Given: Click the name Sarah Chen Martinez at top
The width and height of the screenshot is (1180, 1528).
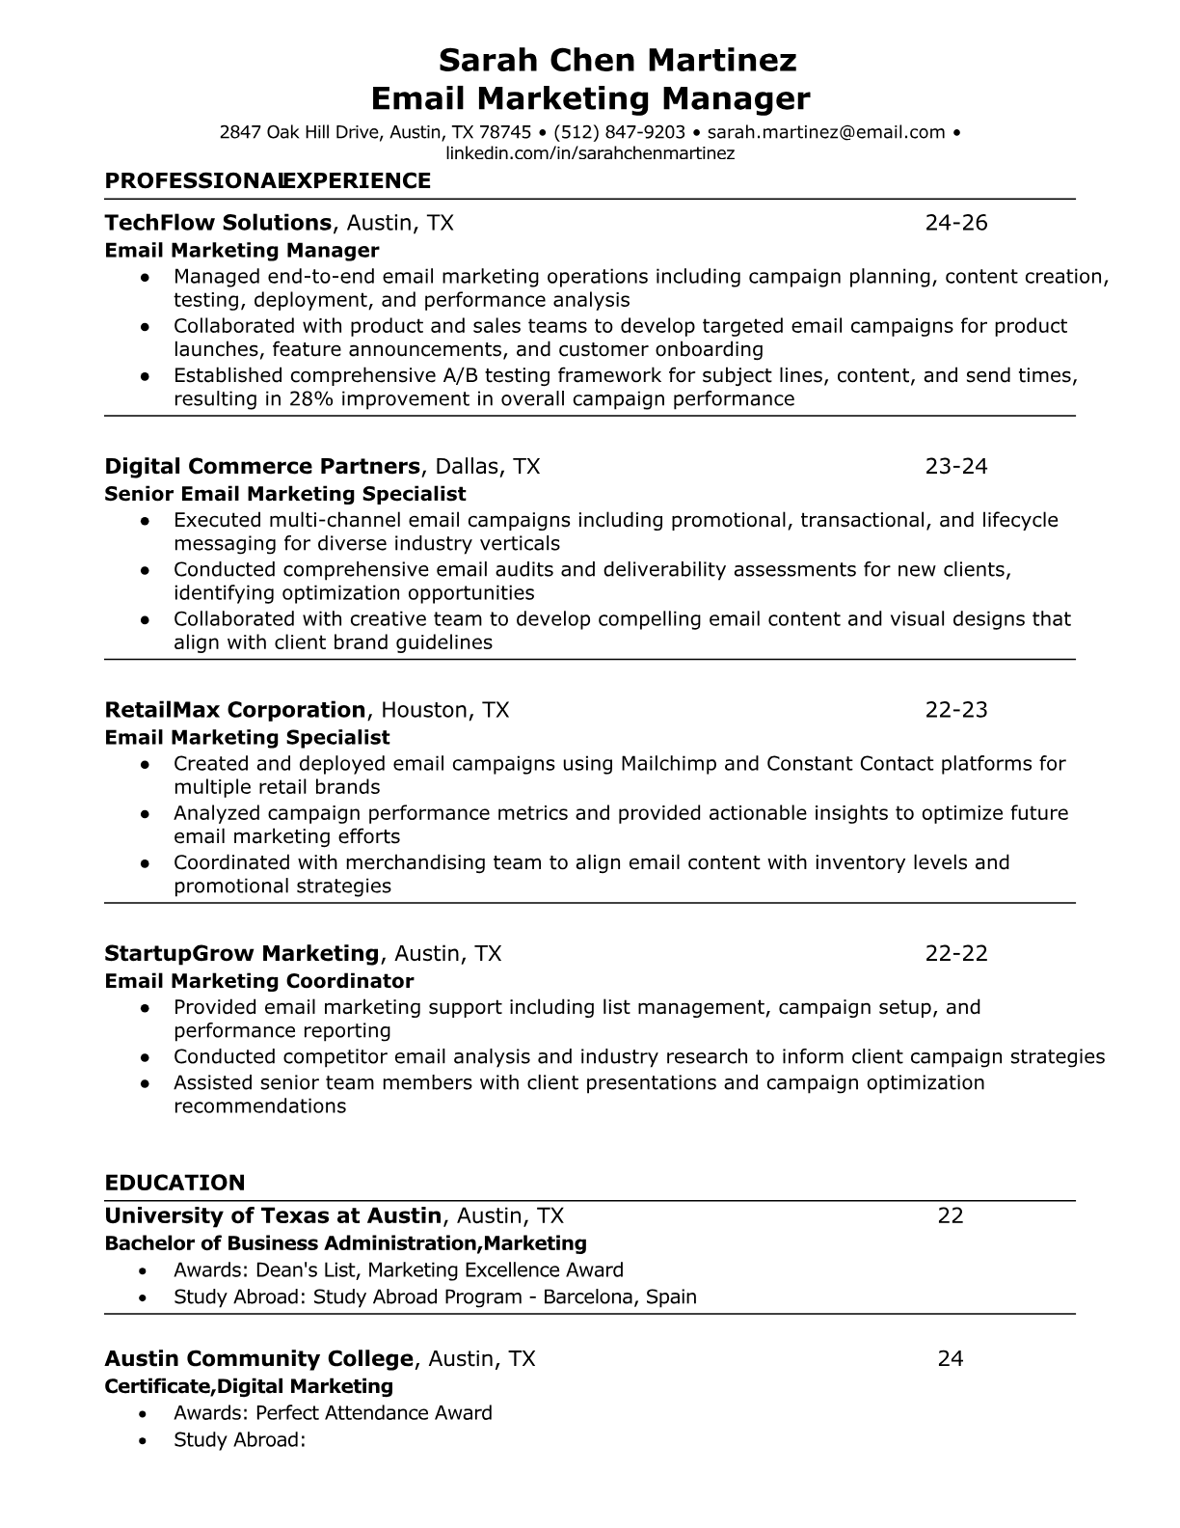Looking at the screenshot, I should click(x=617, y=61).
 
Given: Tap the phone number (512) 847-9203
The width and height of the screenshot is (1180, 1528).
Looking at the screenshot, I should click(x=619, y=132).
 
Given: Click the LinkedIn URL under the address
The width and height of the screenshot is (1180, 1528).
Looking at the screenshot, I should click(x=590, y=153).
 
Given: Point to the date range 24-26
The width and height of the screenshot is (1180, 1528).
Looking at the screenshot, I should click(x=956, y=223).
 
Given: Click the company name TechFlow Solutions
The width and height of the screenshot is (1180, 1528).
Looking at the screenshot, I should click(x=218, y=223).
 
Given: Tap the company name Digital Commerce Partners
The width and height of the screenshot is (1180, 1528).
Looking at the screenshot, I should click(x=262, y=467).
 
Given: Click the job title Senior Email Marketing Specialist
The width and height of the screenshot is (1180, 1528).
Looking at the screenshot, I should click(x=285, y=494).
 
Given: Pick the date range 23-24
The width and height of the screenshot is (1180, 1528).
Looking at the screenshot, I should click(x=956, y=467).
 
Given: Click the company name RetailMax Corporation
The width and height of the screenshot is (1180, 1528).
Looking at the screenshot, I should click(x=235, y=710).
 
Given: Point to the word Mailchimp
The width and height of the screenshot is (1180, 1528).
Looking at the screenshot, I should click(x=669, y=764).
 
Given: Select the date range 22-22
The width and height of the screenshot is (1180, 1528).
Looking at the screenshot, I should click(x=956, y=954).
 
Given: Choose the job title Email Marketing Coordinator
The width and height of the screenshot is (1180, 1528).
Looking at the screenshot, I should click(x=258, y=981).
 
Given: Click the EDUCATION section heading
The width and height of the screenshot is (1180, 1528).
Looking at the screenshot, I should click(x=174, y=1183).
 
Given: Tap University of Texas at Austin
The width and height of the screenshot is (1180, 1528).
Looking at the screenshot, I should click(x=273, y=1215).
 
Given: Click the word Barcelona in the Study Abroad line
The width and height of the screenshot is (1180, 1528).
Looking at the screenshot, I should click(x=588, y=1296).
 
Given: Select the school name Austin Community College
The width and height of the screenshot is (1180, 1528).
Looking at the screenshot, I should click(x=258, y=1359).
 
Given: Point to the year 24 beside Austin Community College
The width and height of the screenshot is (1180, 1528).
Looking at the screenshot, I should click(x=951, y=1359).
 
